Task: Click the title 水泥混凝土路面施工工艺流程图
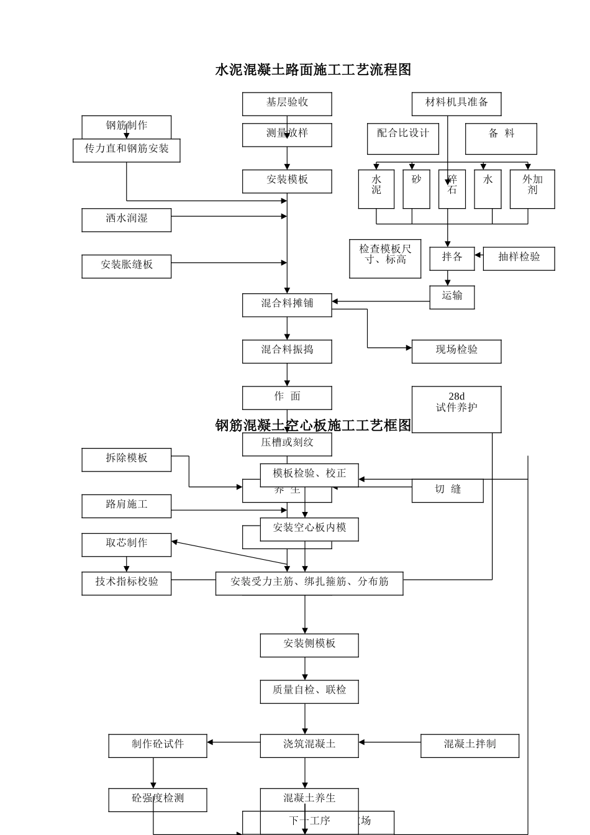point(313,70)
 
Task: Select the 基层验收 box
point(287,104)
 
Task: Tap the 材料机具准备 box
point(456,104)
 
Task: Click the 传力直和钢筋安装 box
point(127,150)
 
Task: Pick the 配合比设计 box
point(403,139)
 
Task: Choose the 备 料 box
point(501,139)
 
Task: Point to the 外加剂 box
point(532,189)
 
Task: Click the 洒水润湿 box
point(127,220)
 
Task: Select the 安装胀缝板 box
point(127,266)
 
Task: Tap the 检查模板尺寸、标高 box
point(385,258)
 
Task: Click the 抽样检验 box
point(519,258)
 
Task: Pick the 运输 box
point(452,297)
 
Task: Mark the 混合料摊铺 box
point(287,305)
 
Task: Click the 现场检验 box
point(456,351)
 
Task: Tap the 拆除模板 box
point(127,460)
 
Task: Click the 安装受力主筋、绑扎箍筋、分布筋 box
point(309,583)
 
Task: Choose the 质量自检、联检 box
point(309,691)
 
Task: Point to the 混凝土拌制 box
point(470,746)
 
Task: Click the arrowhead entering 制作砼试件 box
point(211,742)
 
